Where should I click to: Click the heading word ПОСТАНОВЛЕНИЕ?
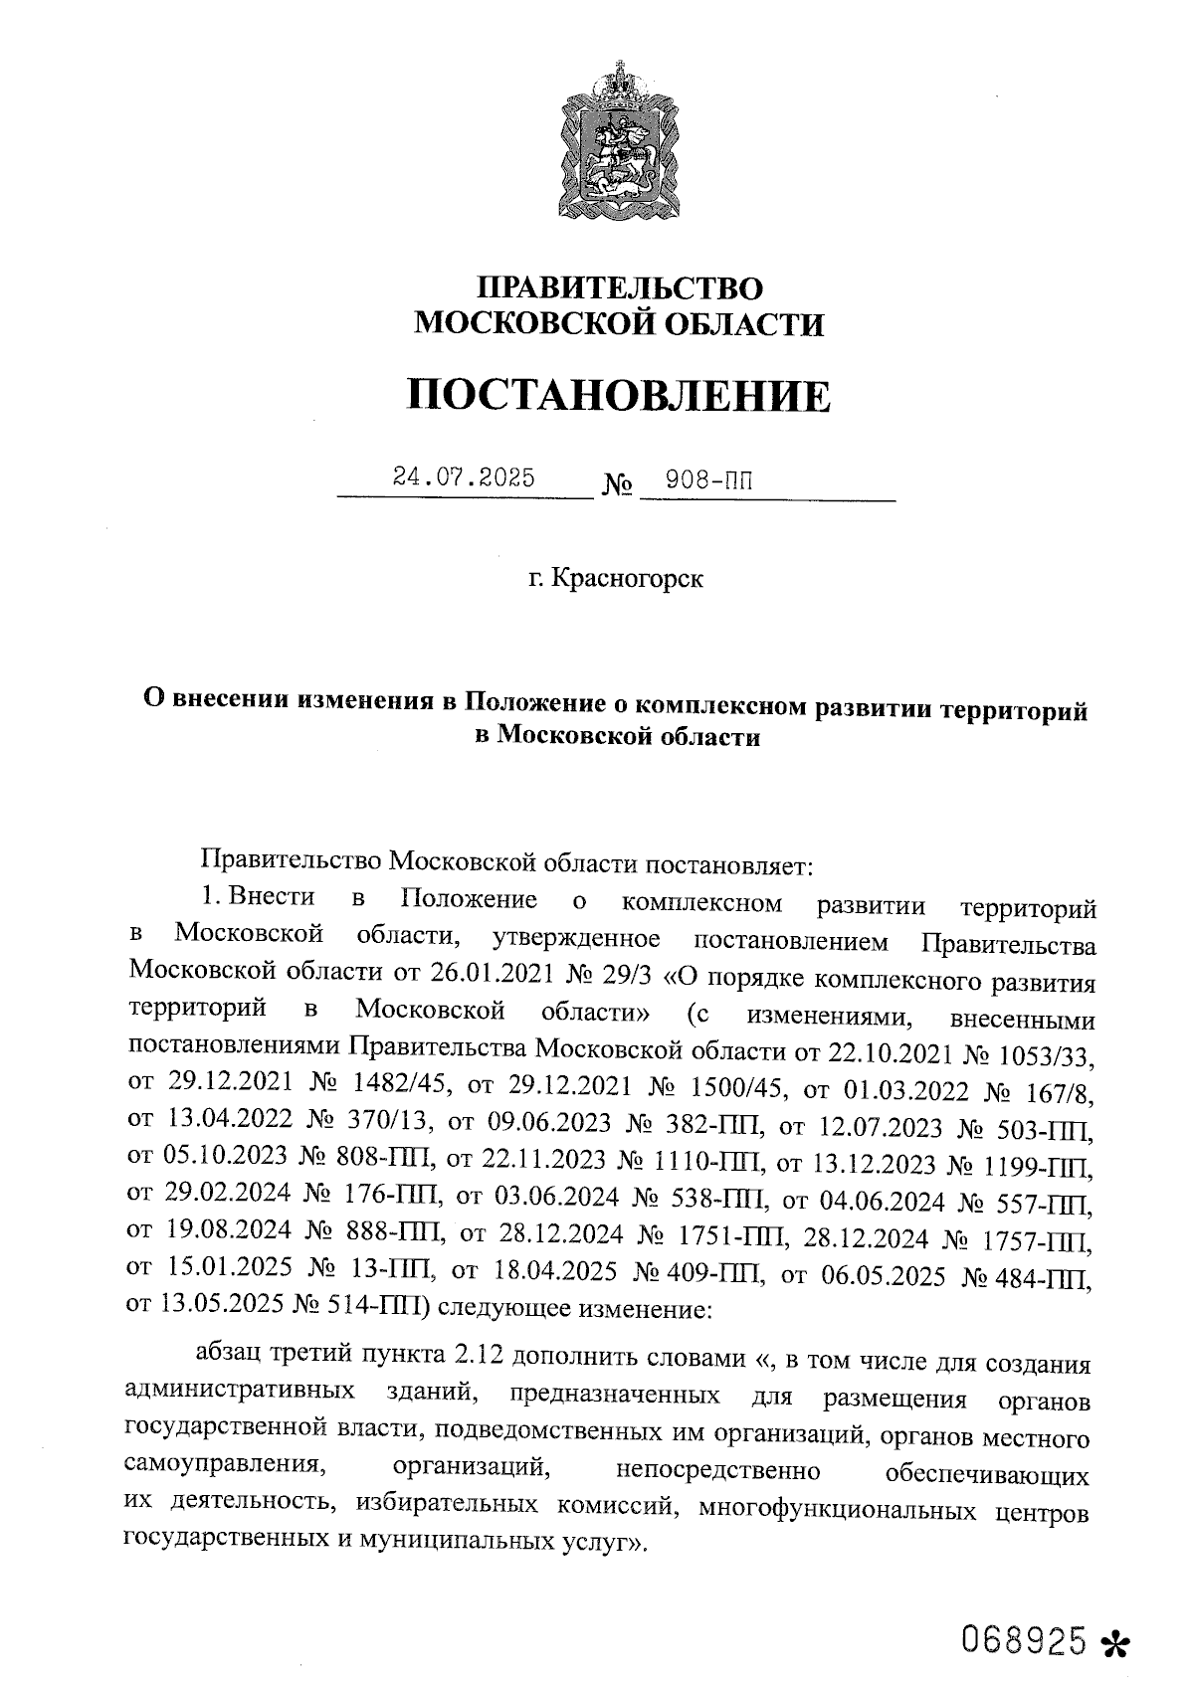pyautogui.click(x=618, y=395)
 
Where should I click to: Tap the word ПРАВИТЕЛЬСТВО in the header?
pyautogui.click(x=619, y=288)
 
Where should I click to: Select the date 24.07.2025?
pyautogui.click(x=464, y=477)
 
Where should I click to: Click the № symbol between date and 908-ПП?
pyautogui.click(x=618, y=485)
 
